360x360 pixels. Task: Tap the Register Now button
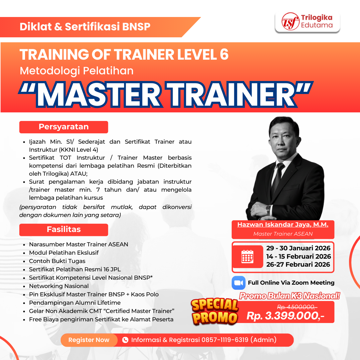(x=89, y=340)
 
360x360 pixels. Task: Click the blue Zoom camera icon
(x=239, y=283)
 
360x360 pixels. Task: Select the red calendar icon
(x=247, y=257)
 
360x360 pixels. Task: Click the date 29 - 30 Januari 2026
(x=298, y=248)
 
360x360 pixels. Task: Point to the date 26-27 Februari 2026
(x=298, y=265)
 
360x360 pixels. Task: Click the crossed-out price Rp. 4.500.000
(x=297, y=307)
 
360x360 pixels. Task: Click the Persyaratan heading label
(x=64, y=127)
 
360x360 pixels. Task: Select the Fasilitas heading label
(x=64, y=230)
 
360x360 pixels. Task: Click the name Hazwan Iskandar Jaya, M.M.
(x=283, y=225)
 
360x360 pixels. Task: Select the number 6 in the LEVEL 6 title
(x=224, y=54)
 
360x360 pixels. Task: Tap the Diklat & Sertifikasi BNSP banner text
(x=85, y=27)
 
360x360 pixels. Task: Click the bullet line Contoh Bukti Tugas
(x=57, y=261)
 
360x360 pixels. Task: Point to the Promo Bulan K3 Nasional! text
(x=289, y=296)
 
